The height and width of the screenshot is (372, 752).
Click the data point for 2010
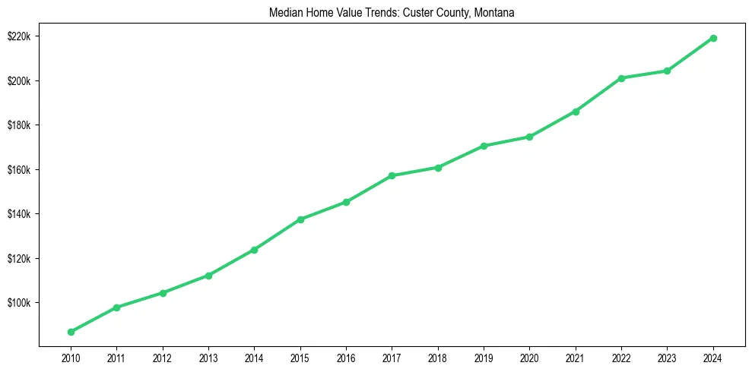(x=71, y=332)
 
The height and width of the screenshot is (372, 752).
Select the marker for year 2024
(x=713, y=38)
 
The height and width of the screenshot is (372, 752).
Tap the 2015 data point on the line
(x=300, y=219)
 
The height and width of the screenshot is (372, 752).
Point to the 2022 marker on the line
(x=621, y=78)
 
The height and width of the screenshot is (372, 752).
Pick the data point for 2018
(x=438, y=167)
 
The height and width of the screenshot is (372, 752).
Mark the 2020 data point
(x=529, y=137)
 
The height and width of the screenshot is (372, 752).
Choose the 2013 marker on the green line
(x=208, y=276)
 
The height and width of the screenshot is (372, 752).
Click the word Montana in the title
(x=495, y=13)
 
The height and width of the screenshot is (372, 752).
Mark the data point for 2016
(x=346, y=202)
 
